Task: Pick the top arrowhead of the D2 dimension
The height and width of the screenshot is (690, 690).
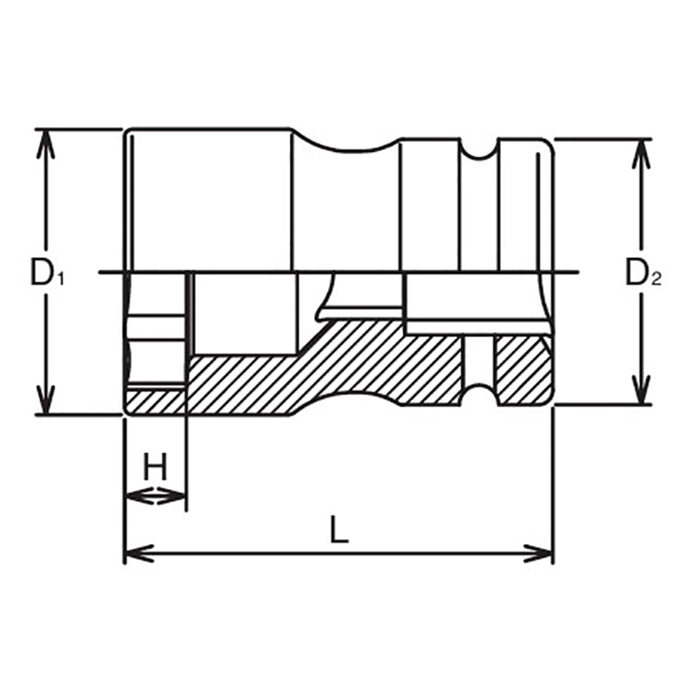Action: click(640, 149)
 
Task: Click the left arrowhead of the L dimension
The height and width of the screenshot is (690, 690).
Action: click(135, 553)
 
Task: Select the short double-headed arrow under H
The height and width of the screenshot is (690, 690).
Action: click(155, 495)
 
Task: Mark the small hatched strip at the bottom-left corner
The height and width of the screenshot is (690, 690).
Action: click(154, 400)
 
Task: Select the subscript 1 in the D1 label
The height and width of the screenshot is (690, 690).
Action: click(61, 279)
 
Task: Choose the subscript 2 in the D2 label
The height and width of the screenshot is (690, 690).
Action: click(656, 279)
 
